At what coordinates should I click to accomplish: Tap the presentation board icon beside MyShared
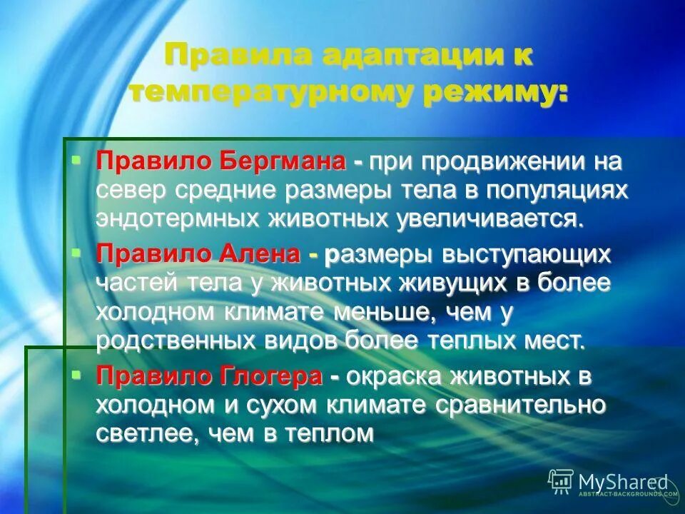tap(561, 481)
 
